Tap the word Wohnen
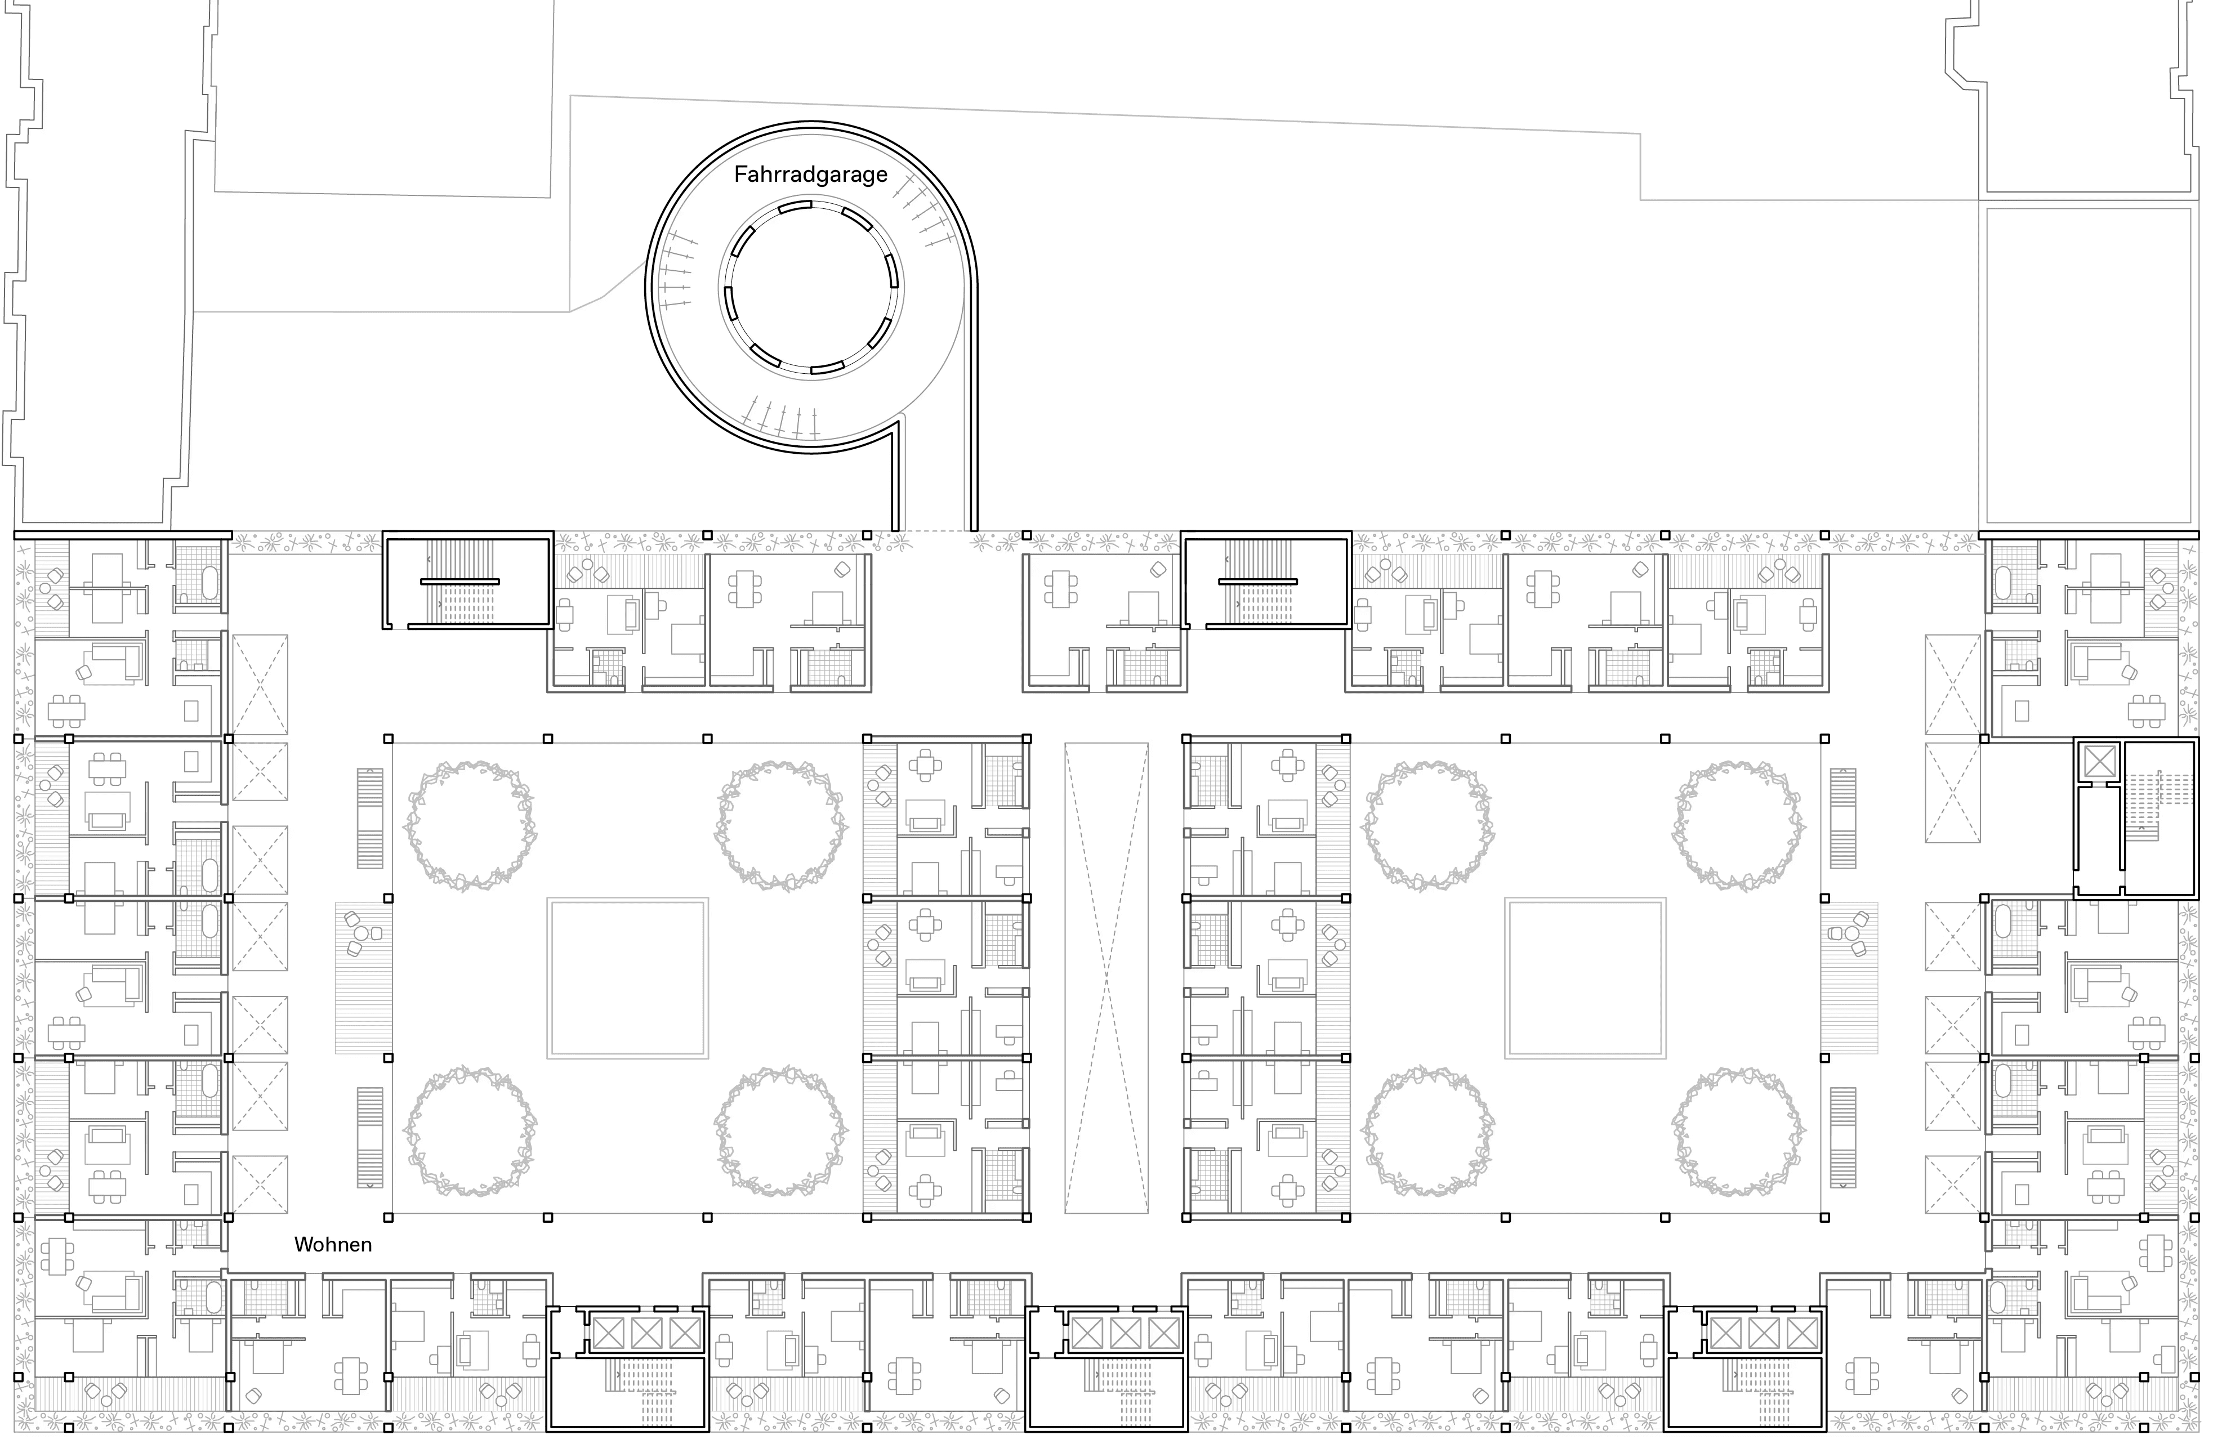point(333,1244)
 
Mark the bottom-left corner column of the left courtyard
point(389,1216)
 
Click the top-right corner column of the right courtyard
point(1824,739)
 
